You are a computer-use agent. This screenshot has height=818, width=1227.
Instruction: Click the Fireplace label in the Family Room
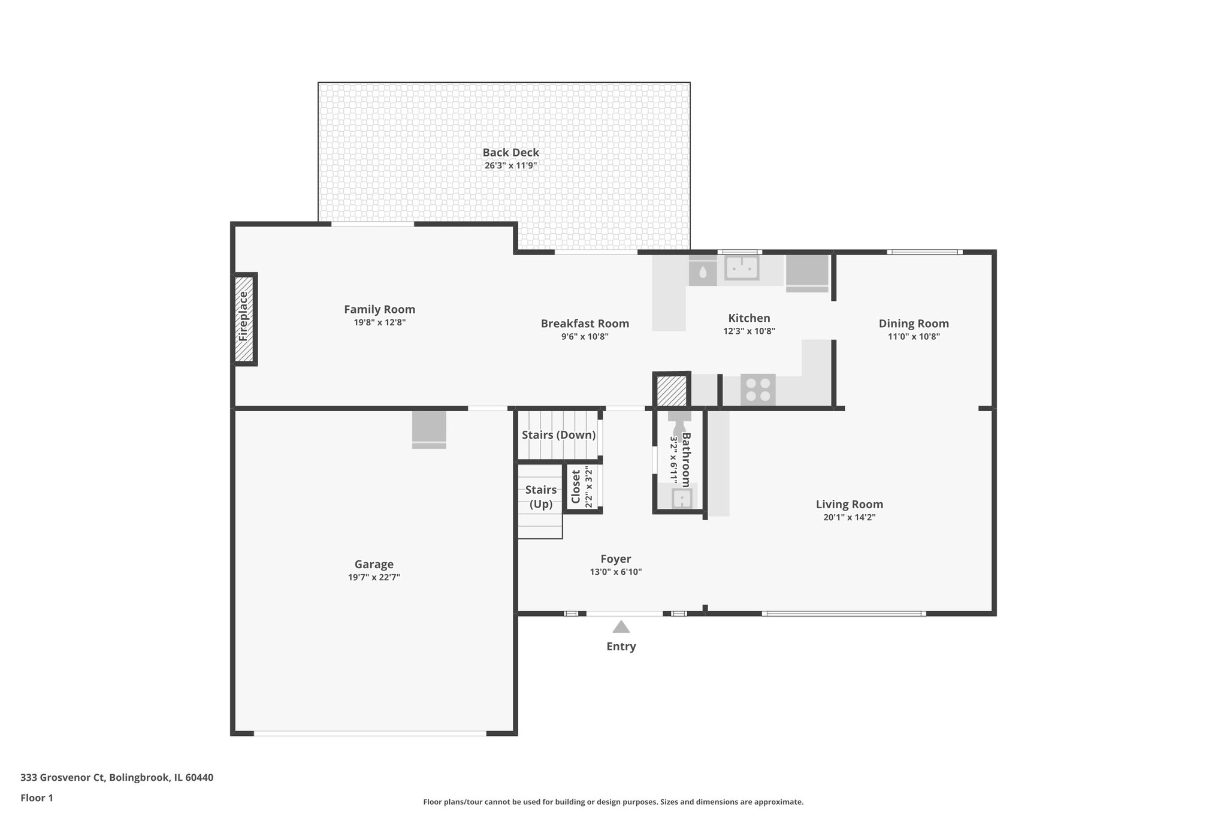(243, 317)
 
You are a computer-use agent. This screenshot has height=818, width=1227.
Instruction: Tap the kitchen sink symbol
(742, 268)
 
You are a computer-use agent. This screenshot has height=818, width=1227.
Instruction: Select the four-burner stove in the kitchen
(758, 390)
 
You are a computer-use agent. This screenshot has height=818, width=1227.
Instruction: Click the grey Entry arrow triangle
(621, 627)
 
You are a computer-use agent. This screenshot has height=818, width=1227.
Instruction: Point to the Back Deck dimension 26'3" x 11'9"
(510, 166)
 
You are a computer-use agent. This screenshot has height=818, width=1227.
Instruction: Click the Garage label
(374, 564)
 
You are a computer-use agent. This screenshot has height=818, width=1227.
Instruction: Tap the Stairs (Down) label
(558, 435)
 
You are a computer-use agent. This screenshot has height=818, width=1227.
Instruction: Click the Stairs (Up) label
(540, 497)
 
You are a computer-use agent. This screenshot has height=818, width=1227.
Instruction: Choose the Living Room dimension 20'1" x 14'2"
(849, 518)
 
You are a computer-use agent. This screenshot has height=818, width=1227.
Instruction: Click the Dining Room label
(913, 324)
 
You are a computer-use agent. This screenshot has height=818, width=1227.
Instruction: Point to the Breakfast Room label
(585, 324)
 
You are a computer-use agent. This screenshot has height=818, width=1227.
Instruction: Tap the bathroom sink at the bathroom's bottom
(681, 498)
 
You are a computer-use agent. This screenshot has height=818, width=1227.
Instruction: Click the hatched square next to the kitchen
(671, 391)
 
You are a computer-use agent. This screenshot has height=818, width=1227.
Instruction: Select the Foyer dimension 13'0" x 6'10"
(615, 572)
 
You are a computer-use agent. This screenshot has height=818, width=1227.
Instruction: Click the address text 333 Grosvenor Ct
(117, 777)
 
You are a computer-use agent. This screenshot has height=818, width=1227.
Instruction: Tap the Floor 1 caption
(37, 798)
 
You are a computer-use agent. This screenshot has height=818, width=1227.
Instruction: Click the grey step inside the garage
(429, 430)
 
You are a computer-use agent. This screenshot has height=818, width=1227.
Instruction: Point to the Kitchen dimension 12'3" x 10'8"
(749, 331)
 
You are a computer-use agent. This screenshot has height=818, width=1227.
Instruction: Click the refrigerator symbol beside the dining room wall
(806, 271)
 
